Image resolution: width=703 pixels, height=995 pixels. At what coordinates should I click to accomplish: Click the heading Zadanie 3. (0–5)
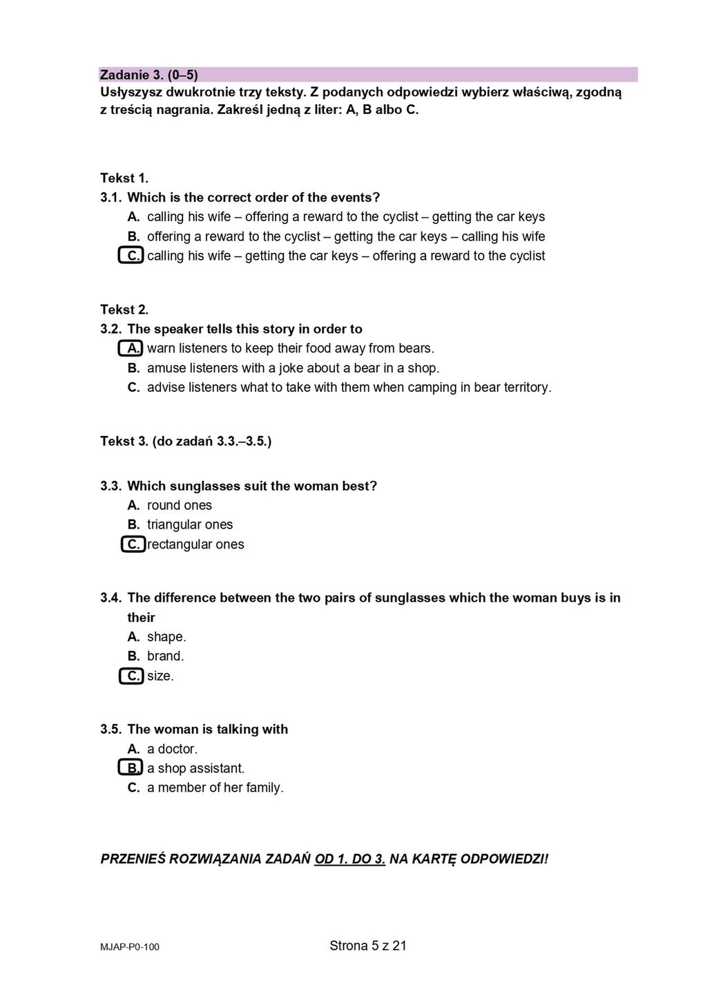(x=149, y=75)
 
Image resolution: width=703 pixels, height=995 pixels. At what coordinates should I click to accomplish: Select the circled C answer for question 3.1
(x=131, y=256)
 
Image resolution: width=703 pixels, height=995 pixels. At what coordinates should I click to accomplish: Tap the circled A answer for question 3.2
(x=131, y=348)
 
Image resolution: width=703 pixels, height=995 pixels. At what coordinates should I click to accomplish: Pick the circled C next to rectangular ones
(x=133, y=544)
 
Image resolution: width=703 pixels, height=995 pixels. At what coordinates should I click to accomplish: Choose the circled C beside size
(x=131, y=676)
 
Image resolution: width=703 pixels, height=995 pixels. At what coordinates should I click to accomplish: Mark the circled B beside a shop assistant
(x=131, y=768)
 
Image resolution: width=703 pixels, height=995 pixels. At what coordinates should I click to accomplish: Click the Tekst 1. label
(x=124, y=178)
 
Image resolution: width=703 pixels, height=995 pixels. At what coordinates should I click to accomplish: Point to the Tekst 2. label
(x=124, y=310)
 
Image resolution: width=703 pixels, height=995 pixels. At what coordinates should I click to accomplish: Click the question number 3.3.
(x=110, y=486)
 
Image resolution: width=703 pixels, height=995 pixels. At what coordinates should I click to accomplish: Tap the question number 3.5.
(x=110, y=729)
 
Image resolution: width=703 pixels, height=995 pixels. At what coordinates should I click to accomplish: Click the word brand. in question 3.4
(x=166, y=656)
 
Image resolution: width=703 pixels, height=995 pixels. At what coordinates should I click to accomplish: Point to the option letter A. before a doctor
(x=134, y=748)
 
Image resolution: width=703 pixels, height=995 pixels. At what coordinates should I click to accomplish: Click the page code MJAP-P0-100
(x=130, y=947)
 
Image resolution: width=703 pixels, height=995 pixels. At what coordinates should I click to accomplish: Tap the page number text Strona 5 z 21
(x=368, y=945)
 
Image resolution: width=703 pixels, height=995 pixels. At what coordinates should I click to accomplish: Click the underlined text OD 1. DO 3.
(x=349, y=859)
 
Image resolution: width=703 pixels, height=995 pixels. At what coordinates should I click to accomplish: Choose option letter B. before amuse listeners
(x=134, y=368)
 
